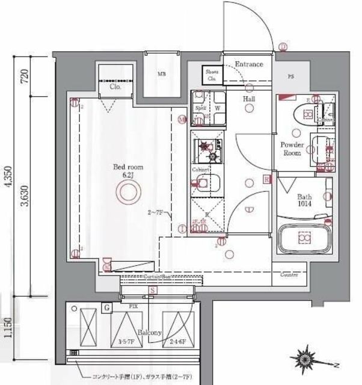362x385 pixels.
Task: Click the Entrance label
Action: [248, 64]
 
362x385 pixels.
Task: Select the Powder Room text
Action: [294, 149]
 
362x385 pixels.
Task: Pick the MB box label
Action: [161, 75]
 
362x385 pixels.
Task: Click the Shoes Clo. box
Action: [212, 75]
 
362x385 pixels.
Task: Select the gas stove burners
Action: [208, 150]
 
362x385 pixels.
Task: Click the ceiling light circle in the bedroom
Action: [127, 194]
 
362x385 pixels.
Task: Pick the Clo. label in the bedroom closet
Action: [115, 87]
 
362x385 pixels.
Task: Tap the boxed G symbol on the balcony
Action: [106, 308]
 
